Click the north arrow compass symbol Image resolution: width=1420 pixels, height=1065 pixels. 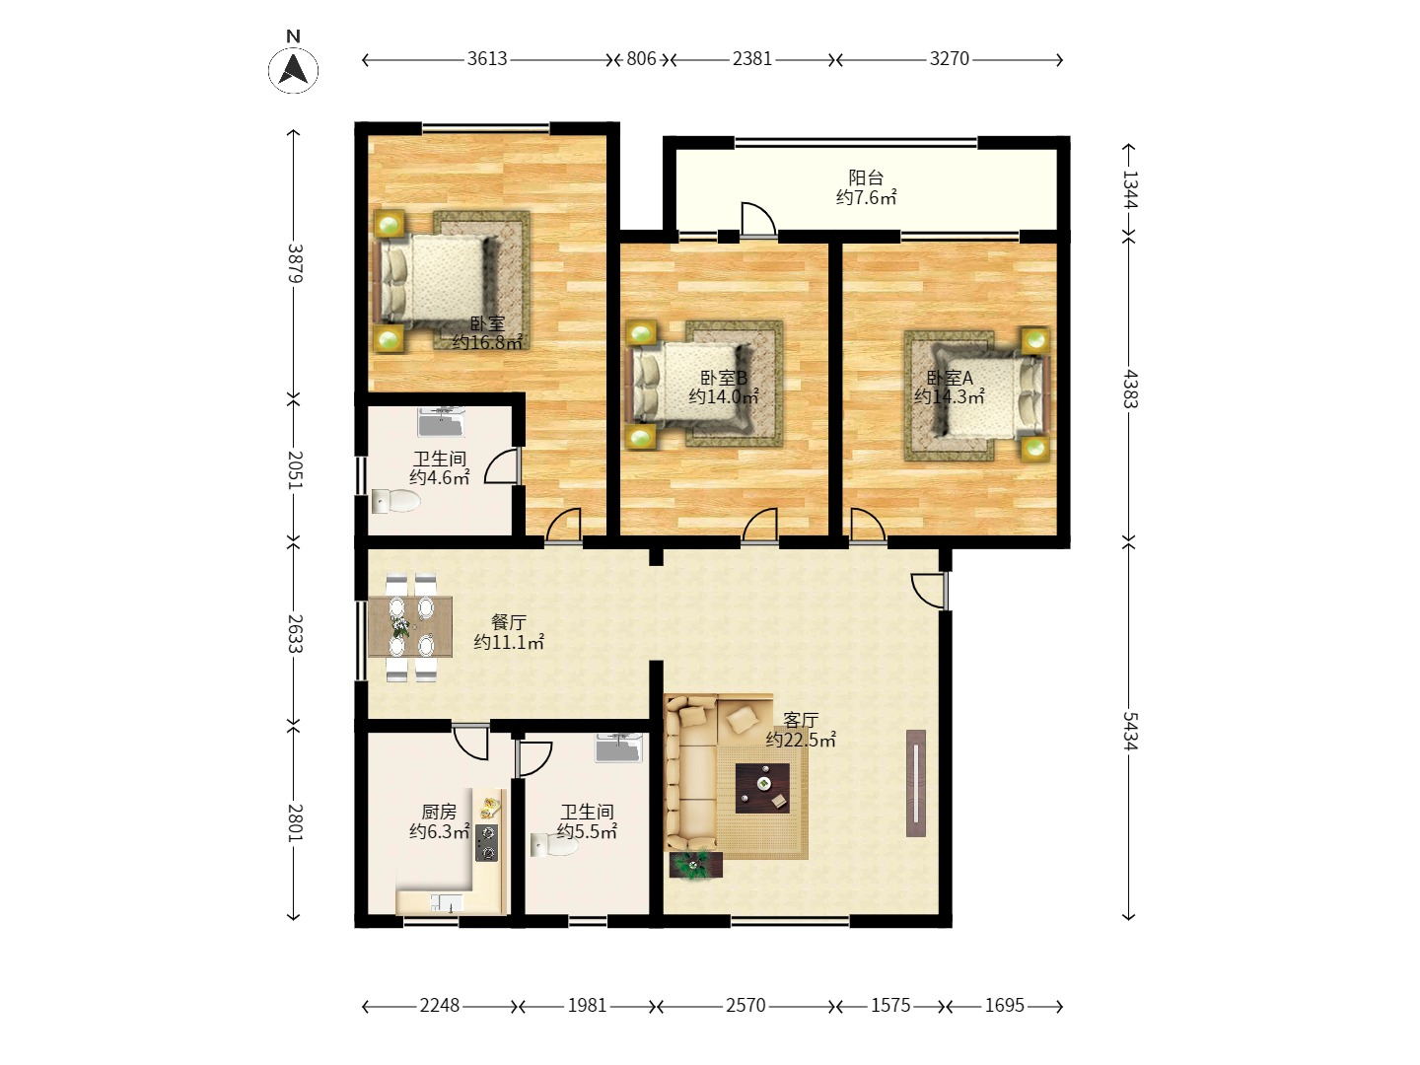coord(293,69)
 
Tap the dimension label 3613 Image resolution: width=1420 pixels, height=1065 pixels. coord(487,59)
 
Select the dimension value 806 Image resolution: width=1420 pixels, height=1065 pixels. coord(641,59)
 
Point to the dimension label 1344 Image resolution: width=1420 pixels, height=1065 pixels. coord(1129,188)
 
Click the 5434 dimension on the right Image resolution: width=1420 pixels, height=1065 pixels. coord(1129,731)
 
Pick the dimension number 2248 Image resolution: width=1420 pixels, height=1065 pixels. coord(439,1006)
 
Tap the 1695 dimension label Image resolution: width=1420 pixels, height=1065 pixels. coord(1004,1006)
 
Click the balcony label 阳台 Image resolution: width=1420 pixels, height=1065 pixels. coord(866,177)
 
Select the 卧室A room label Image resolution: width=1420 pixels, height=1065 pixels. coord(949,378)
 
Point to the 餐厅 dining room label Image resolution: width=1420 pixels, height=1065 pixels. coord(509,622)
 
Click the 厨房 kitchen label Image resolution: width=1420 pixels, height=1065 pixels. coord(439,812)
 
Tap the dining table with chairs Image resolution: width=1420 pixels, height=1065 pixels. coord(410,627)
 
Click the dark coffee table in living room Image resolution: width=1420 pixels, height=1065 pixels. coord(762,788)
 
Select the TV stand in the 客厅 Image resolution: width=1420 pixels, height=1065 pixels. coord(916,783)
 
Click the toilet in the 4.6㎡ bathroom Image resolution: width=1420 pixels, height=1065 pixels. coord(395,501)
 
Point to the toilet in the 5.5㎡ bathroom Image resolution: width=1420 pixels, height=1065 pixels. coord(553,844)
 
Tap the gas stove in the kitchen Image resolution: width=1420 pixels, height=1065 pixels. coord(487,843)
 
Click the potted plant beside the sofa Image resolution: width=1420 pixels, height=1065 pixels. coord(696,865)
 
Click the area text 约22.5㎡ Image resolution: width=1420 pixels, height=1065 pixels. coord(801,740)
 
